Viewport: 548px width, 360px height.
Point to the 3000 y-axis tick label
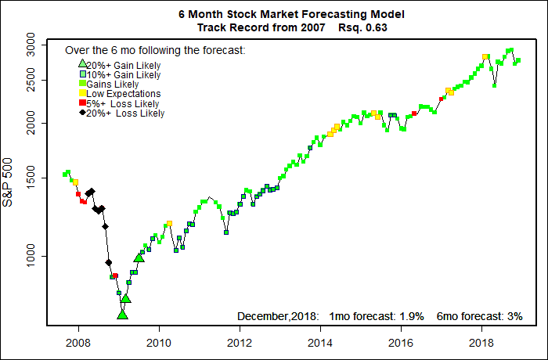[x=27, y=41]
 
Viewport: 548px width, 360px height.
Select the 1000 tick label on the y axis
[x=27, y=256]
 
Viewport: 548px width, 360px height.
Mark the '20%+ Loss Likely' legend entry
[x=125, y=113]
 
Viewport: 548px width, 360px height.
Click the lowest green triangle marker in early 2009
[x=122, y=315]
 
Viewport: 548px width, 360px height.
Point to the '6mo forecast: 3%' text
[x=479, y=316]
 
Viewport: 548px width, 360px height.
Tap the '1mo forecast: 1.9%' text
[x=378, y=316]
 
